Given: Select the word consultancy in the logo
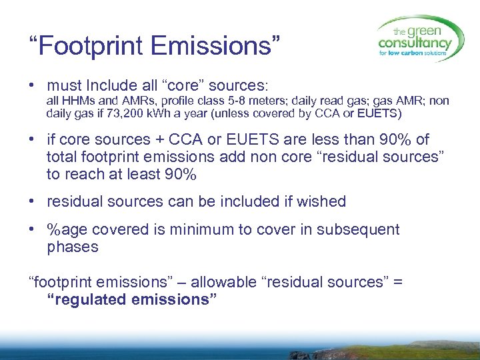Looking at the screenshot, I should [414, 43].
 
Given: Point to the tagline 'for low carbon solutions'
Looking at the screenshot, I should [415, 55].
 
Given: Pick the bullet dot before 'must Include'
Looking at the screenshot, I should [32, 86].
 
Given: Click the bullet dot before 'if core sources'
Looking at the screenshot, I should [32, 140].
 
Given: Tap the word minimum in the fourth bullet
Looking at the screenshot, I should [194, 230].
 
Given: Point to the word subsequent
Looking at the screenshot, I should [361, 230].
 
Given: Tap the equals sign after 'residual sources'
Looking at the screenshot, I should [398, 282].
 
